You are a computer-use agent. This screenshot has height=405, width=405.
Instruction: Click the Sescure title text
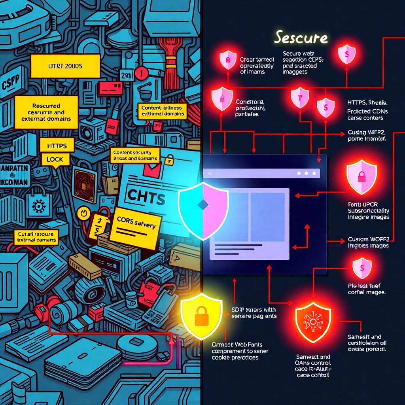pyautogui.click(x=301, y=38)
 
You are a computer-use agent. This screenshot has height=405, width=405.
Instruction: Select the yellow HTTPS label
pyautogui.click(x=57, y=146)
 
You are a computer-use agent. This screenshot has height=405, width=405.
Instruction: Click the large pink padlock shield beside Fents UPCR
pyautogui.click(x=361, y=177)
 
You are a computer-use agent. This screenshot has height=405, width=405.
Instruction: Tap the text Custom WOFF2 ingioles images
pyautogui.click(x=368, y=242)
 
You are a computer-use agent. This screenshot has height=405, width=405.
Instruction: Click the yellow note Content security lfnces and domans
pyautogui.click(x=135, y=155)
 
